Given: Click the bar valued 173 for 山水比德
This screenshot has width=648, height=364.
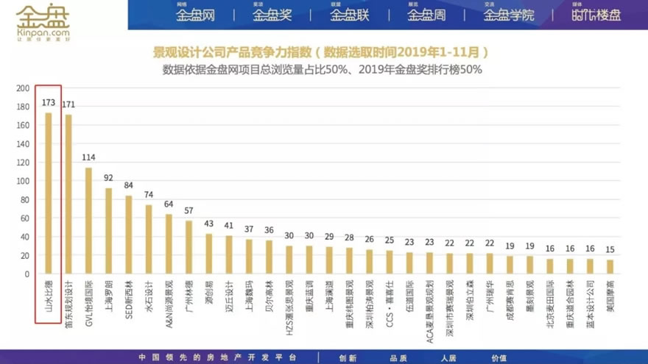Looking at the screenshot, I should coord(49,193).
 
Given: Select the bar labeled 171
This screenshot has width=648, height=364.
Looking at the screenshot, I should coord(68,194).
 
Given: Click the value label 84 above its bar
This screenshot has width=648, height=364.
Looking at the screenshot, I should coord(128,185).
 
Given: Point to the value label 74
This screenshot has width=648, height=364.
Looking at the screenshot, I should coord(148,195).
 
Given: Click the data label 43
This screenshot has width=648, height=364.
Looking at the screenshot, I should coord(208,224).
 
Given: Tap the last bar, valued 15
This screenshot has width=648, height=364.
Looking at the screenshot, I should coord(610,267).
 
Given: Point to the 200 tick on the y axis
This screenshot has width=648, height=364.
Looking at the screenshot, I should coord(22,88).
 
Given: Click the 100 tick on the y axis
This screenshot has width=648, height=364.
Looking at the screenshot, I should coord(22,181).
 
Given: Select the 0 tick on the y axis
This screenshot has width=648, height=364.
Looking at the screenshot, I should coord(27,274).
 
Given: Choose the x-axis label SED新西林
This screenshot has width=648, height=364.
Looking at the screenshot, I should coord(128,299).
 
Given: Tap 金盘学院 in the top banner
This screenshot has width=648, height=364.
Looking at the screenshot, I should coord(509,15).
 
